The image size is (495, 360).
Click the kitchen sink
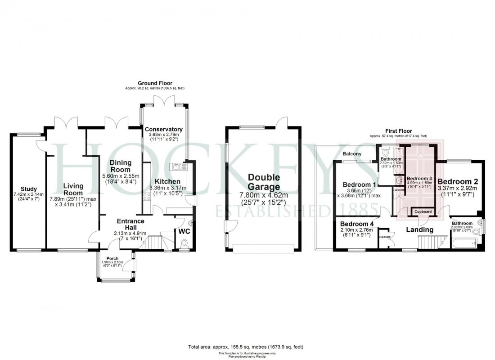click(x=180, y=167)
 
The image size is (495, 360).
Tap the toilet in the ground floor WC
click(x=184, y=243)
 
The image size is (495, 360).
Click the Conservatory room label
click(x=164, y=130)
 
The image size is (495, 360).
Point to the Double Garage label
click(x=264, y=182)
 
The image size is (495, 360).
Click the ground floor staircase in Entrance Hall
click(x=155, y=241)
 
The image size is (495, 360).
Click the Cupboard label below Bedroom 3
click(x=423, y=211)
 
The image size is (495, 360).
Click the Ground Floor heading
click(x=155, y=83)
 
